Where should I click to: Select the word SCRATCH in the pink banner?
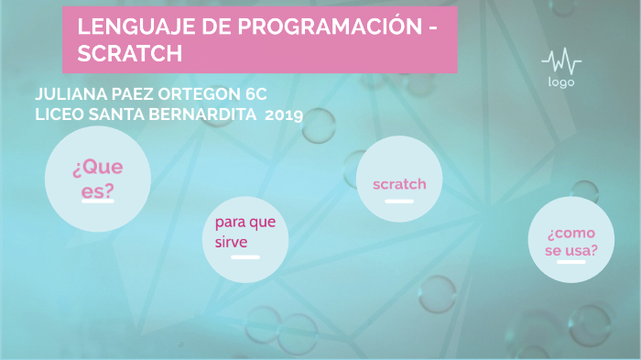click(x=129, y=53)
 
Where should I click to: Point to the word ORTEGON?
click(x=201, y=95)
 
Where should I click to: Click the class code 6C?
click(x=255, y=95)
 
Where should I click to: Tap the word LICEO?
click(x=60, y=115)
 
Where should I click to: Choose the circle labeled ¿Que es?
click(x=97, y=180)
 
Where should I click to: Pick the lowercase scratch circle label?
click(x=399, y=184)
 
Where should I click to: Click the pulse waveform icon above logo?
click(x=560, y=62)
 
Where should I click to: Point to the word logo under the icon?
click(x=561, y=82)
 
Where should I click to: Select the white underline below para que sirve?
click(x=244, y=258)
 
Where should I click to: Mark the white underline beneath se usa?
click(x=571, y=262)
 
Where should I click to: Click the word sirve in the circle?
click(x=232, y=242)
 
